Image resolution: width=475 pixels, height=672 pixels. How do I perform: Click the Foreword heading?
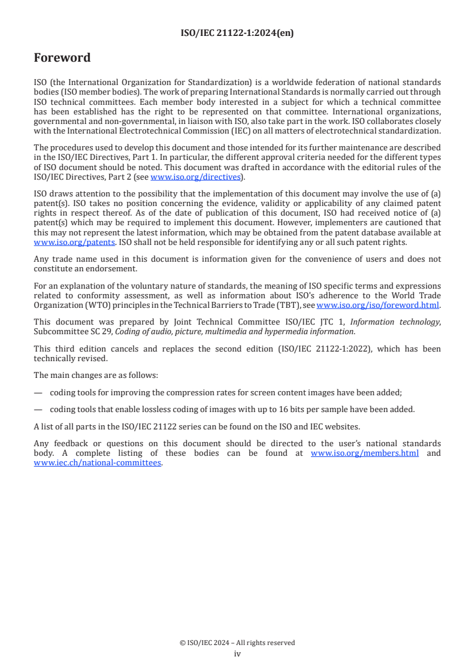click(62, 58)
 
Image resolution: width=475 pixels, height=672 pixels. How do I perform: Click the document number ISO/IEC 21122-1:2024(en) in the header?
click(237, 34)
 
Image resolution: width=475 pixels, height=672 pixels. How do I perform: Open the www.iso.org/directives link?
click(195, 177)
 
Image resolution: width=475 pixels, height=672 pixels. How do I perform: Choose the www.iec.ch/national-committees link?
click(97, 462)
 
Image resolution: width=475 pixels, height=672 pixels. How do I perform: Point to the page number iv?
click(237, 654)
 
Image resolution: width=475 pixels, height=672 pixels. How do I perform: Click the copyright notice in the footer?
click(237, 643)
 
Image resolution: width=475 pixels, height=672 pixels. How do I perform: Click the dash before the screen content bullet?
click(38, 392)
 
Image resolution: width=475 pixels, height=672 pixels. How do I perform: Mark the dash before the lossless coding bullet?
click(38, 410)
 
